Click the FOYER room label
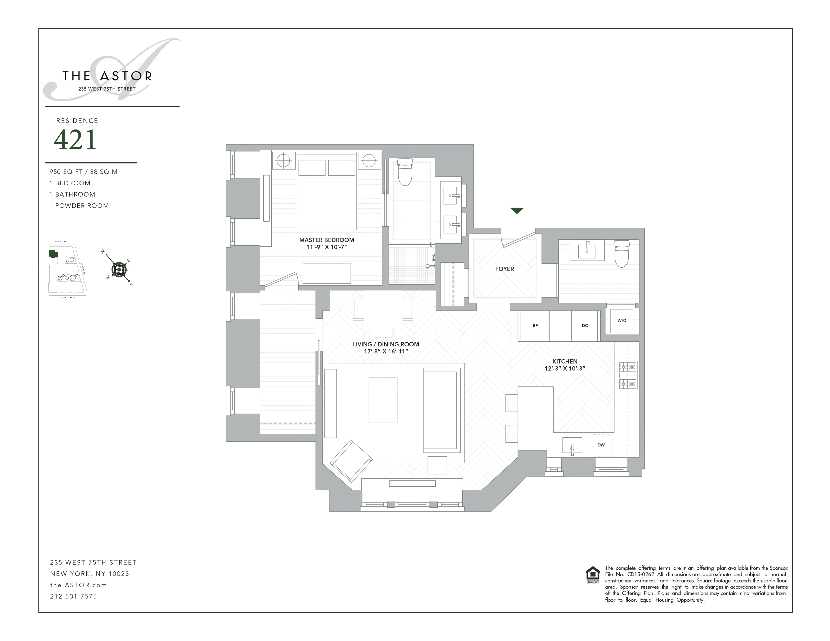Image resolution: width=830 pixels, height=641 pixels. point(504,269)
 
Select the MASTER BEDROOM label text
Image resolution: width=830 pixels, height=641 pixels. point(326,240)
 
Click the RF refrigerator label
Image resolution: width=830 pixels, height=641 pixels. point(535,326)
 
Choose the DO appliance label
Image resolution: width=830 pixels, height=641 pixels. point(585,326)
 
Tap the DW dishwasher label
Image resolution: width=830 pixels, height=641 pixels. point(601,445)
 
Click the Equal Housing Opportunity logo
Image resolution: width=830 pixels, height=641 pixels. point(593,574)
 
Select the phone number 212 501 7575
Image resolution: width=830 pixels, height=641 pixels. point(73,596)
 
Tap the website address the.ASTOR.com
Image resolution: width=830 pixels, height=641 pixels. point(78,585)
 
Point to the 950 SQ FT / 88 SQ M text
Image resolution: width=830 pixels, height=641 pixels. point(83,172)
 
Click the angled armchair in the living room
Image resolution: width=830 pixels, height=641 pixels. point(350,461)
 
